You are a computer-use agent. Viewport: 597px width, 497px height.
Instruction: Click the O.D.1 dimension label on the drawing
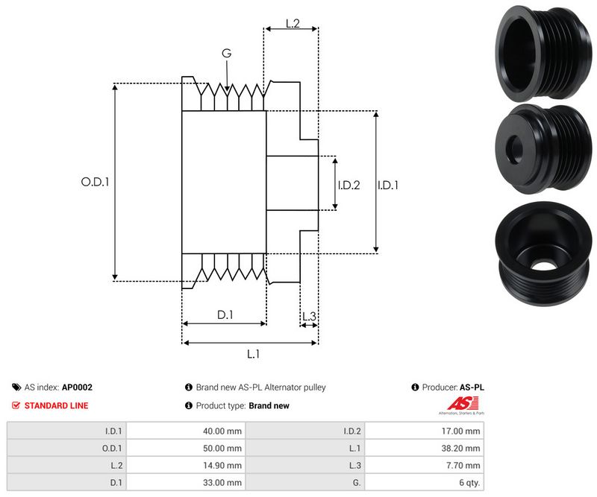click(x=95, y=181)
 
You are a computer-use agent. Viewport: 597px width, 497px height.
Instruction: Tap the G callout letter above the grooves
click(x=226, y=53)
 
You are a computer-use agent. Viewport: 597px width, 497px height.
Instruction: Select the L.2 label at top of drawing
click(x=292, y=24)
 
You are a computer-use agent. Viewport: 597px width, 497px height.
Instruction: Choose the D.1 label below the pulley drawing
click(x=225, y=315)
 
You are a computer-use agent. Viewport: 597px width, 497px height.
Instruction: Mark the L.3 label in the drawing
click(x=309, y=317)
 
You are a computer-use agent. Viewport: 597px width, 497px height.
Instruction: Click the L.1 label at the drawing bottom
click(x=252, y=354)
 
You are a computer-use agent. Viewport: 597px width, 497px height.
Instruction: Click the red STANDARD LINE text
click(x=56, y=405)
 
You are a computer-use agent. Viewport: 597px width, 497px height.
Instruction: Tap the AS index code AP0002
click(x=77, y=387)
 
